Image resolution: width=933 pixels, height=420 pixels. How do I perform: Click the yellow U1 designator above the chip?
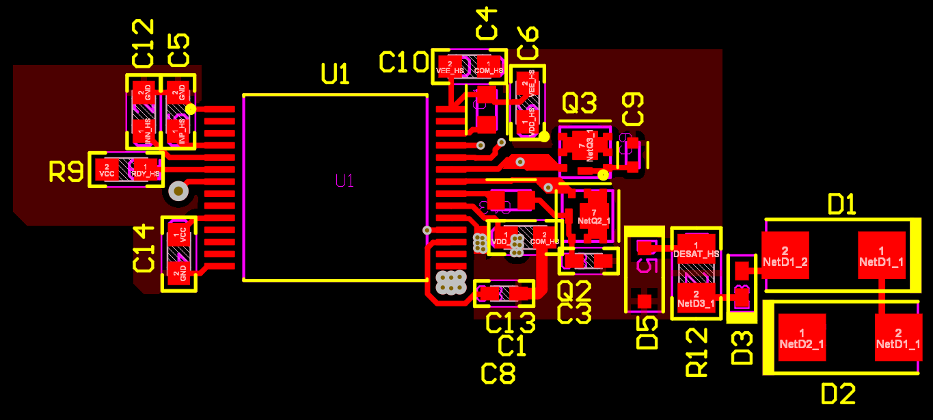click(x=336, y=73)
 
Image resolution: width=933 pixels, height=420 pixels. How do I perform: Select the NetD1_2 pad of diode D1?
click(x=785, y=254)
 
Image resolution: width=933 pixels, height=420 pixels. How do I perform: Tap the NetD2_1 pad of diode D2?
click(x=802, y=337)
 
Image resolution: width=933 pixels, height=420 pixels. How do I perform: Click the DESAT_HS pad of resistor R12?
click(x=696, y=248)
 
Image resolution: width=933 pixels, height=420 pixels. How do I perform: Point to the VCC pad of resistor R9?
click(x=107, y=169)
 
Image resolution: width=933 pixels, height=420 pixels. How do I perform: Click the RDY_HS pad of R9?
click(x=145, y=169)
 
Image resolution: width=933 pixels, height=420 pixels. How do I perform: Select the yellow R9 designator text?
click(x=66, y=172)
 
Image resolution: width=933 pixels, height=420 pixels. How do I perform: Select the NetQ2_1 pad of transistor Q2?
click(x=592, y=216)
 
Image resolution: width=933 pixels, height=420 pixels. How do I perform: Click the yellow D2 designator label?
click(x=838, y=394)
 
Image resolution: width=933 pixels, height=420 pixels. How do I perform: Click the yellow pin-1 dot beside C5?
click(x=191, y=109)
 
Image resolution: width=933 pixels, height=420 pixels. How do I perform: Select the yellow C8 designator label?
click(x=498, y=373)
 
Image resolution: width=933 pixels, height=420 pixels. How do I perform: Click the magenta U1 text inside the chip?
click(x=344, y=181)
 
